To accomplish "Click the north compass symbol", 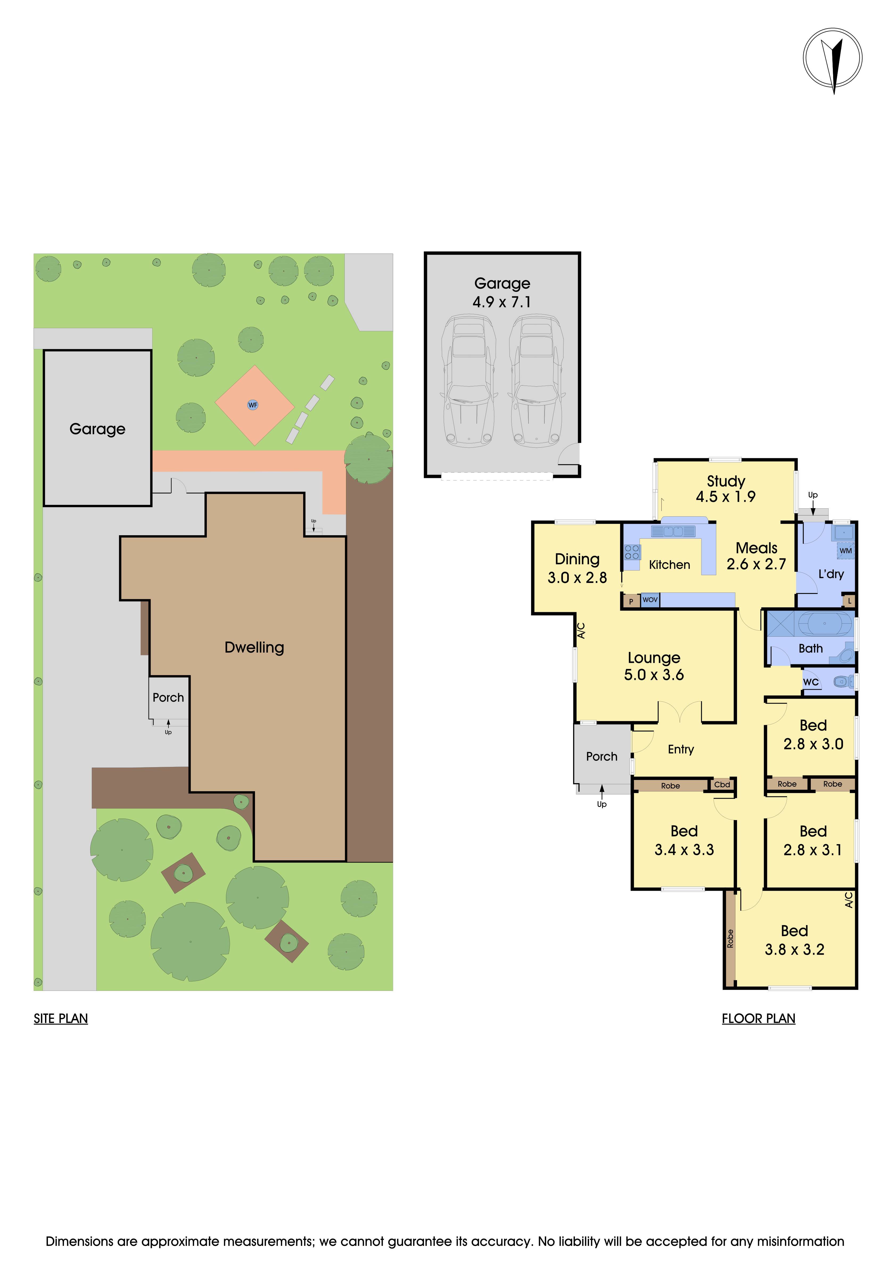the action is click(x=833, y=58).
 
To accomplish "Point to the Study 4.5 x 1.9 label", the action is click(x=726, y=488).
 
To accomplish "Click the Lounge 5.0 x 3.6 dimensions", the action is click(x=654, y=675).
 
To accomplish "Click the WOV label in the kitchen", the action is click(x=650, y=600).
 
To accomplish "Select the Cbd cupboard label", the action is click(x=722, y=784).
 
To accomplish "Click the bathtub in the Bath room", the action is click(x=824, y=624).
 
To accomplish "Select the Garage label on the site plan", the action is click(x=97, y=429).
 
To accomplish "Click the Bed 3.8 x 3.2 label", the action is click(x=795, y=940).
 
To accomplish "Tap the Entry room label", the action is click(x=681, y=749).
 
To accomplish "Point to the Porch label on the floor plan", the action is click(x=602, y=756).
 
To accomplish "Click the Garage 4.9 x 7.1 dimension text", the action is click(x=502, y=302).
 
